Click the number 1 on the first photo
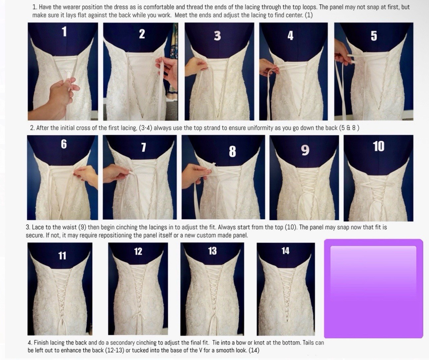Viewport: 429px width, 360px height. coord(65,32)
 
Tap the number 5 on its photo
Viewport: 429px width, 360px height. coord(374,36)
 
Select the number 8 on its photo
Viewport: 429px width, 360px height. coord(232,151)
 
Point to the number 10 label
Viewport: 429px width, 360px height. coord(379,146)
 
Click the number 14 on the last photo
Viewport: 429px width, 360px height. coord(285,251)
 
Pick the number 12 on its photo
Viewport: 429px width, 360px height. coord(138,251)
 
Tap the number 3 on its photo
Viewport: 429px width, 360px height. coord(217,36)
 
